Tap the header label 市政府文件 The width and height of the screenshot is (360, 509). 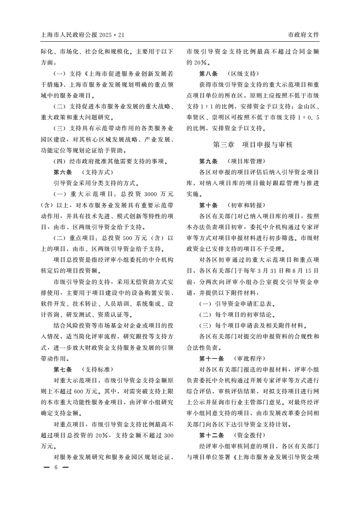pos(304,35)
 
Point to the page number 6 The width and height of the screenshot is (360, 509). pos(56,467)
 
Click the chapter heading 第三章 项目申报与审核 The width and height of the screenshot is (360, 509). pos(253,145)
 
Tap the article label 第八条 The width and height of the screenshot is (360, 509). pos(208,73)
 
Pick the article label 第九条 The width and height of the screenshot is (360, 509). pos(208,161)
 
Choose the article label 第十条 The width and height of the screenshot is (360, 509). pos(208,205)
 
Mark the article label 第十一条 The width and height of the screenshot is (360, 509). pos(211,358)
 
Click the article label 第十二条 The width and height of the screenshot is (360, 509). pos(211,434)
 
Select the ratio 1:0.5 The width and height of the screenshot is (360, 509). pos(309,117)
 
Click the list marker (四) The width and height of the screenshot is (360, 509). pos(61,161)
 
